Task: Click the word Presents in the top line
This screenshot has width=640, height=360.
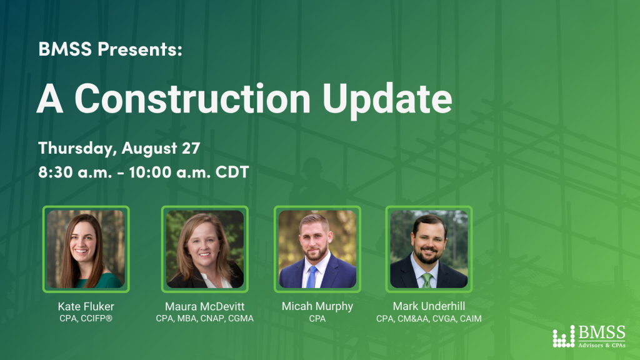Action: coord(139,49)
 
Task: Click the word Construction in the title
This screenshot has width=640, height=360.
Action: coord(192,98)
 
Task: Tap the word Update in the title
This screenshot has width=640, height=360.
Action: coord(387,101)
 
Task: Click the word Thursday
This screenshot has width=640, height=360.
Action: coord(77,149)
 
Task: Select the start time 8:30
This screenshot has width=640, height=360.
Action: coord(56,172)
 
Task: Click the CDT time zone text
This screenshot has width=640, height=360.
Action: coord(232,172)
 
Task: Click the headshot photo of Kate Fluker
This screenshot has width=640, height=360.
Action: coord(86,249)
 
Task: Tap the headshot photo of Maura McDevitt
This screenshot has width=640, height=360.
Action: coord(205,249)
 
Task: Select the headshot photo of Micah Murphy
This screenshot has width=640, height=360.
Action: coord(317,249)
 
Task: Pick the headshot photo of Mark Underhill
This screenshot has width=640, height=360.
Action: coord(429,249)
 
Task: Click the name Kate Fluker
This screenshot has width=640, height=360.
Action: coord(86,306)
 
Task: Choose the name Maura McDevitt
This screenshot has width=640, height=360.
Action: coord(205,306)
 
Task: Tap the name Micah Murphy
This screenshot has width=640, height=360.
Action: coord(317,306)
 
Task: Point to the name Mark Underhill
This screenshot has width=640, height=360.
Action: coord(429,306)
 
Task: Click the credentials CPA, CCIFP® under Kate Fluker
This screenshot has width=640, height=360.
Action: coord(86,318)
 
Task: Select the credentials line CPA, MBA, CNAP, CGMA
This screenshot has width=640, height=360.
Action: coord(205,318)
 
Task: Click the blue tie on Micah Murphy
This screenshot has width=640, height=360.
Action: coord(312,277)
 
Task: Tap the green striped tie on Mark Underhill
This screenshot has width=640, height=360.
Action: coord(427,281)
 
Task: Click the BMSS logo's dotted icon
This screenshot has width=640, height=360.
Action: coord(564,337)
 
